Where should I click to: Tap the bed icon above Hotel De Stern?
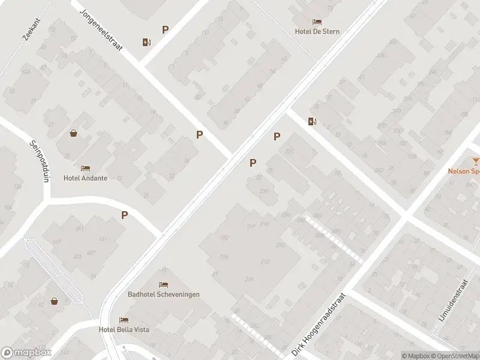tap(317, 22)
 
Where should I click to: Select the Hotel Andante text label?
tap(85, 178)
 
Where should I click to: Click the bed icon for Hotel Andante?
tap(85, 168)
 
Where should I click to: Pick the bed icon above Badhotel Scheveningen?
tap(163, 284)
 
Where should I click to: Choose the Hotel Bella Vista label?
tap(124, 329)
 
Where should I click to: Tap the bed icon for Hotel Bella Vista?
tap(124, 320)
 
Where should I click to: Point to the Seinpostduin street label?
tap(39, 161)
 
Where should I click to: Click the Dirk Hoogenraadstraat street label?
tap(318, 325)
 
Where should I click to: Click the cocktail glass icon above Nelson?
tap(476, 161)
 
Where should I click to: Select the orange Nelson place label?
tap(464, 170)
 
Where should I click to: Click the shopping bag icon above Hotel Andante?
tap(73, 133)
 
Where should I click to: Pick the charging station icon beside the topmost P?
tap(147, 42)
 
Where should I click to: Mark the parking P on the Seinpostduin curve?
tap(125, 215)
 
